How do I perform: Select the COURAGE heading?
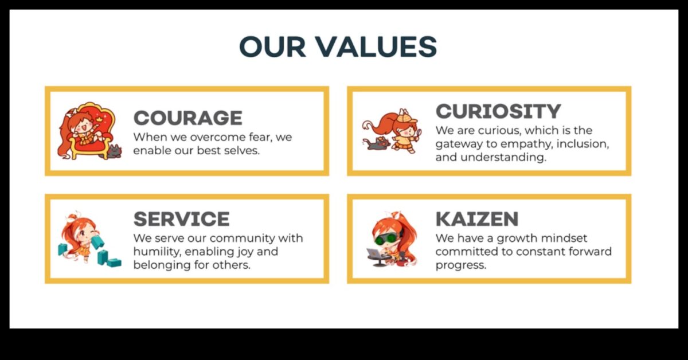coord(187,118)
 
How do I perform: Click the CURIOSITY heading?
coord(498,111)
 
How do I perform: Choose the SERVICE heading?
coord(181,219)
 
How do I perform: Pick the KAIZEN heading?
coord(476,219)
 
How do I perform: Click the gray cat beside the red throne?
coord(113,152)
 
